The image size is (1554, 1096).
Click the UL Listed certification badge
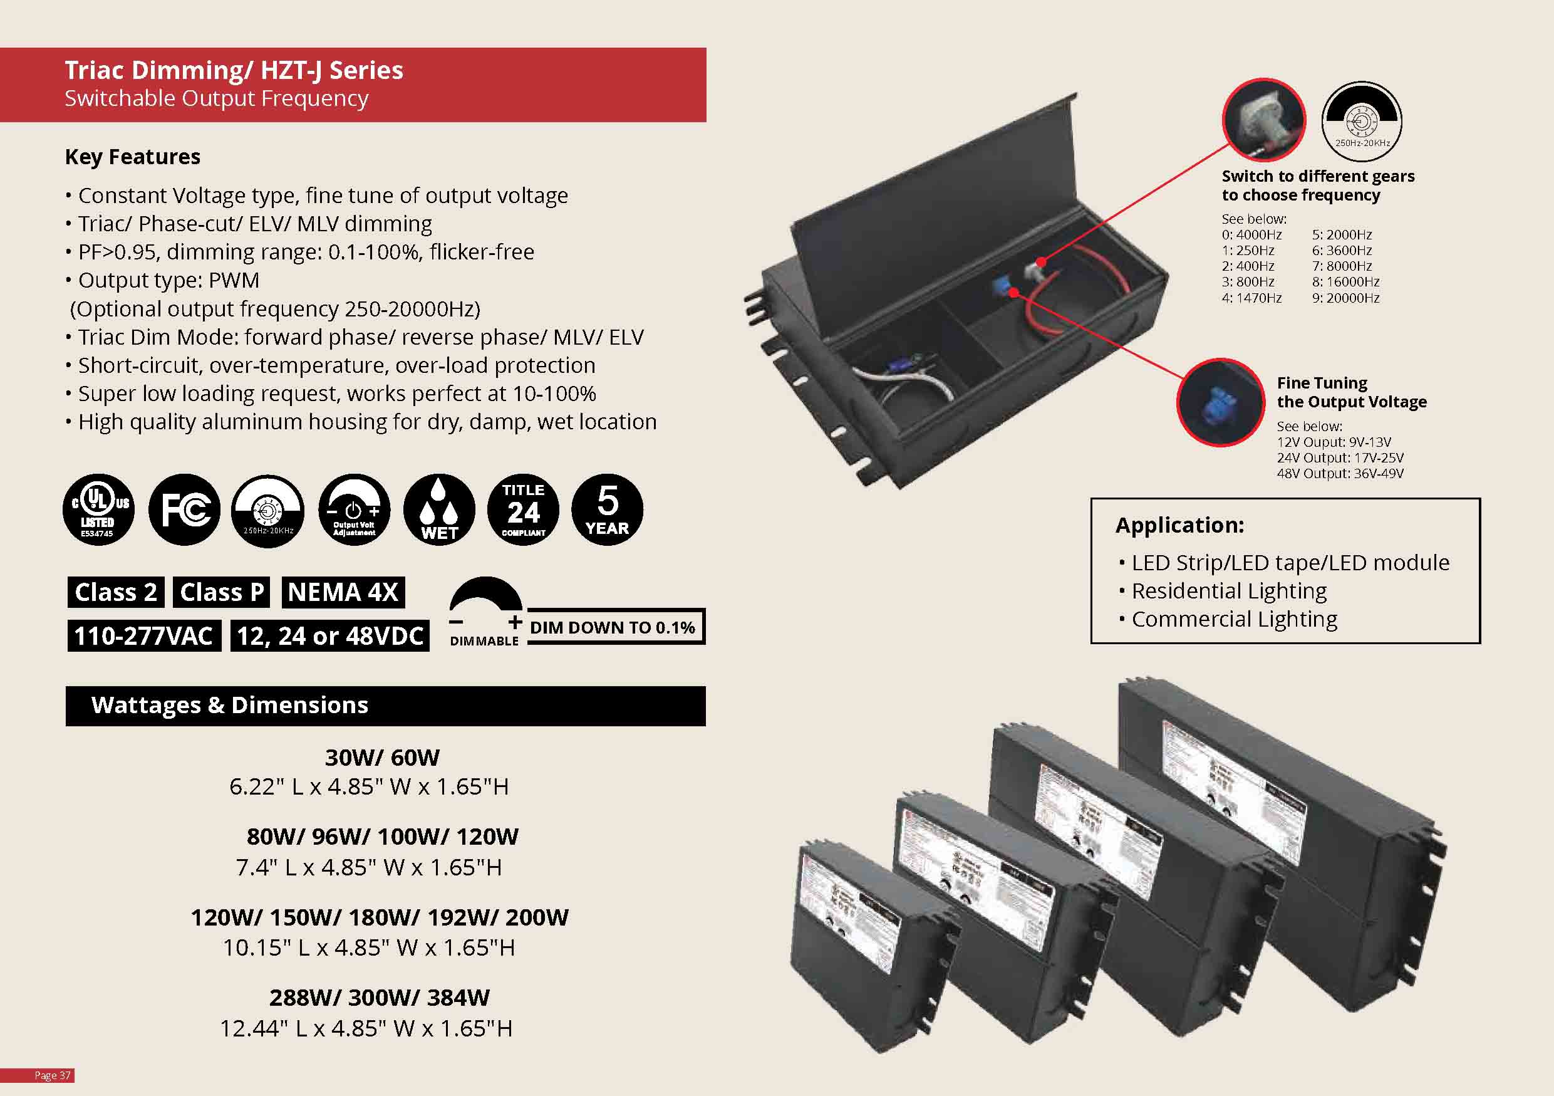99,509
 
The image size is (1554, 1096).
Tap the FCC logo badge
184,509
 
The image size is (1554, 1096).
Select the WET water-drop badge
439,509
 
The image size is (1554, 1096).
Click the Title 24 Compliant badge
523,509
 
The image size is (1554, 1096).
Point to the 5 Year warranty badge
607,509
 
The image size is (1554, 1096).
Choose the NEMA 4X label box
343,592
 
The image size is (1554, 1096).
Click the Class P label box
221,592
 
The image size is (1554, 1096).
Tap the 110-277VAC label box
144,636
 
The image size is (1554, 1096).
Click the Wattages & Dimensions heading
230,706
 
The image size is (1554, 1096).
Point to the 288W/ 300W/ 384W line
379,997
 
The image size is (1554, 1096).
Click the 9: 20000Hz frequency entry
1345,298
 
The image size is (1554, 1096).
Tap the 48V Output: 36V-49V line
1340,473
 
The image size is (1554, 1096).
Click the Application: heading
1179,525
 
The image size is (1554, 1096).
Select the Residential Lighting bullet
1228,591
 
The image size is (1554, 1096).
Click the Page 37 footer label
52,1075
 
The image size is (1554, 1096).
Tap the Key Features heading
133,157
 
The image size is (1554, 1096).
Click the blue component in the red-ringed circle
1219,403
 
